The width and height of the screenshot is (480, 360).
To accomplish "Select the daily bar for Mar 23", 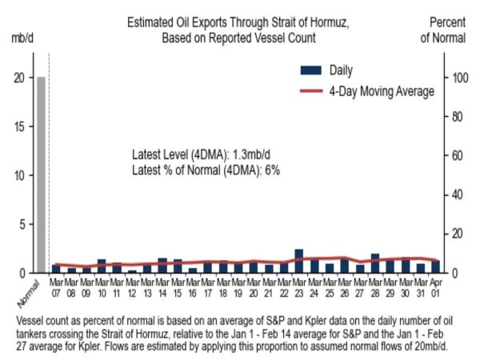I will [299, 262].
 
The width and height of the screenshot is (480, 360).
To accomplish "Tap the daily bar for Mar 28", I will [374, 263].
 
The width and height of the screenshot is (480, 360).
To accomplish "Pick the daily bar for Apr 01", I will [435, 266].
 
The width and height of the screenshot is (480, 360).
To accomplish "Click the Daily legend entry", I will [340, 70].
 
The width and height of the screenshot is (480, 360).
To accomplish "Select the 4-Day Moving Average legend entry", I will [381, 91].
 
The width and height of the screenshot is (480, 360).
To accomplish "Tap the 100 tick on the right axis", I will [458, 78].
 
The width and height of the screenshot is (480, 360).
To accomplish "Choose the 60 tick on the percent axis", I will [457, 155].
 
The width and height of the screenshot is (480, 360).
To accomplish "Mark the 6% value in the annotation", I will [270, 169].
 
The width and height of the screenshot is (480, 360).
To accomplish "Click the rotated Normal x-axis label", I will [30, 298].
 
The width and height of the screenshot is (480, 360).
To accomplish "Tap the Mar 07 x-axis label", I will [56, 286].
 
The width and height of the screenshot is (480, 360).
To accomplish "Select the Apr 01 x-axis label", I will [435, 286].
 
